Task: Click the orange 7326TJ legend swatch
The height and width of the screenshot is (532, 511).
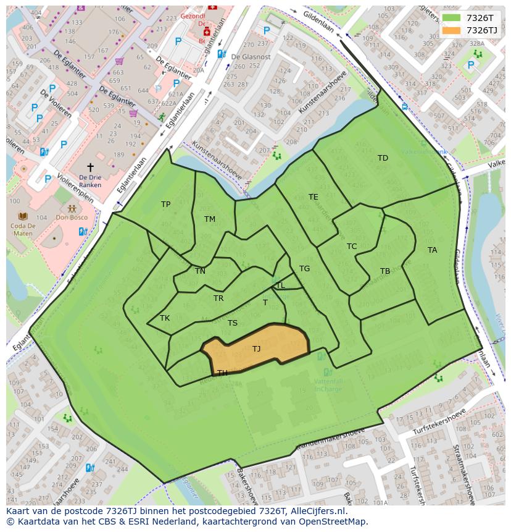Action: click(x=452, y=30)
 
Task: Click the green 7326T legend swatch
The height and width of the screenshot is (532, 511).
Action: click(x=452, y=18)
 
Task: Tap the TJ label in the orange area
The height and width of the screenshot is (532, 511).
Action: click(x=257, y=349)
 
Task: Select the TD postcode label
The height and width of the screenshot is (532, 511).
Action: click(x=383, y=158)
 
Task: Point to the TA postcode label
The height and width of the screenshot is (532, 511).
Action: click(x=432, y=250)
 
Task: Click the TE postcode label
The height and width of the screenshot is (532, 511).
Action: click(x=314, y=197)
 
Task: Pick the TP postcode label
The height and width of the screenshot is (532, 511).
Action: click(x=165, y=205)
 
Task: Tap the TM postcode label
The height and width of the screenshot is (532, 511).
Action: click(x=210, y=219)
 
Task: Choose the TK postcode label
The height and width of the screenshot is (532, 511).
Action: click(x=165, y=318)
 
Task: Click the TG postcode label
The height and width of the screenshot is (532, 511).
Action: click(x=304, y=269)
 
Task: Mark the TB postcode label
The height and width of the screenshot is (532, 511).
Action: click(x=385, y=271)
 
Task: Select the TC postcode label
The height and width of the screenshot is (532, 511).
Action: click(x=352, y=247)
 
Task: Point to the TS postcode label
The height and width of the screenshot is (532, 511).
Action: click(x=233, y=323)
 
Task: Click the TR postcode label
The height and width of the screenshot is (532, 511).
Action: click(x=218, y=298)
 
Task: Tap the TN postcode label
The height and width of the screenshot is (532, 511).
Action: click(x=200, y=271)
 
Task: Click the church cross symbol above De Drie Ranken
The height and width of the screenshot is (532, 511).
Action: click(x=90, y=167)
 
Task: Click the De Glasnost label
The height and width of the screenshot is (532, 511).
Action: click(x=251, y=57)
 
